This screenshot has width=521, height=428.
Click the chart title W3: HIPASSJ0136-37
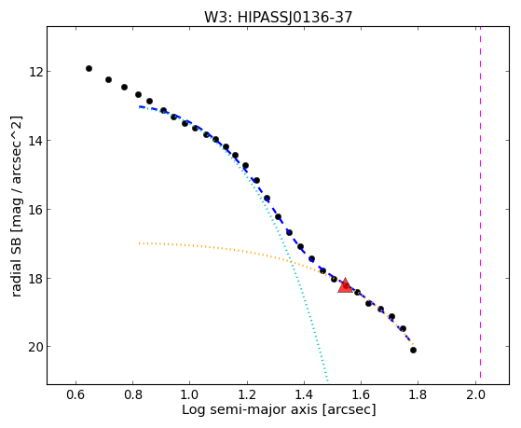(x=278, y=17)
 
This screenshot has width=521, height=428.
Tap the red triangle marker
(x=345, y=285)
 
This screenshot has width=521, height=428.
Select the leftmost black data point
(x=89, y=68)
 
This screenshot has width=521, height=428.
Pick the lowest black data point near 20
(x=413, y=351)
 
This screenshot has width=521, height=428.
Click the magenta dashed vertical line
(x=481, y=202)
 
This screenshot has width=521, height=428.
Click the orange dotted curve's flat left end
(x=140, y=243)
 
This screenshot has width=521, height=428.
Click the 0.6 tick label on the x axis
(x=76, y=394)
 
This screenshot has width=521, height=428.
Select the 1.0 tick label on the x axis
(x=190, y=394)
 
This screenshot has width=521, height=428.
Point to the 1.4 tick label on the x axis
(x=304, y=394)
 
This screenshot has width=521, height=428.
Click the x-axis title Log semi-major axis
(x=250, y=409)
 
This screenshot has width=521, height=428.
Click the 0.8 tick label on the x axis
(x=133, y=394)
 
